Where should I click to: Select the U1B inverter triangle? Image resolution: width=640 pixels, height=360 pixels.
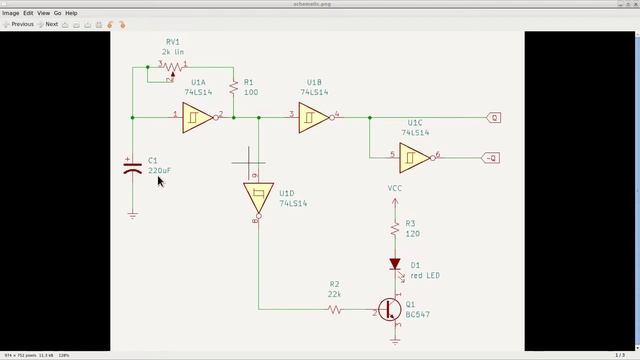(x=314, y=117)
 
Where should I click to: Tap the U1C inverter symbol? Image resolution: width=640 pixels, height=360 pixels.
(x=414, y=156)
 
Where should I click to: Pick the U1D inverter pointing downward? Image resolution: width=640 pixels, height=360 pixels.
(x=258, y=197)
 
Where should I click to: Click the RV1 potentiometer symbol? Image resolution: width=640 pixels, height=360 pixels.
(x=172, y=66)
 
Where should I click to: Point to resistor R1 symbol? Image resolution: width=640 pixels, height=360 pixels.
(x=232, y=89)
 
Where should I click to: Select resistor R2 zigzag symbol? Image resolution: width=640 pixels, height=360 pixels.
(x=334, y=310)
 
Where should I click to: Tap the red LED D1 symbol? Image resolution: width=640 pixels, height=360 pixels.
(x=396, y=266)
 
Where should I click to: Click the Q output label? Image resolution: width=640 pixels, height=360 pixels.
(x=494, y=117)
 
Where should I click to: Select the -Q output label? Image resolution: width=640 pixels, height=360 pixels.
(x=492, y=156)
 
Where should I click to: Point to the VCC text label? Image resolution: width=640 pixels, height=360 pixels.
(x=396, y=188)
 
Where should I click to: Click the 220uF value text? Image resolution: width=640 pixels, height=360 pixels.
(x=159, y=171)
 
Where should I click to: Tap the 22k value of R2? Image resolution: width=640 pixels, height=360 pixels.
(x=334, y=295)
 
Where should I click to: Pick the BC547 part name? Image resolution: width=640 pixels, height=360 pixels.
(x=418, y=314)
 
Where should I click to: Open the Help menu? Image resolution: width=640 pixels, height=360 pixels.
(x=71, y=13)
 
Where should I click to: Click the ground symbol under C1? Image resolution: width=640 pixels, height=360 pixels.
(x=133, y=214)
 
